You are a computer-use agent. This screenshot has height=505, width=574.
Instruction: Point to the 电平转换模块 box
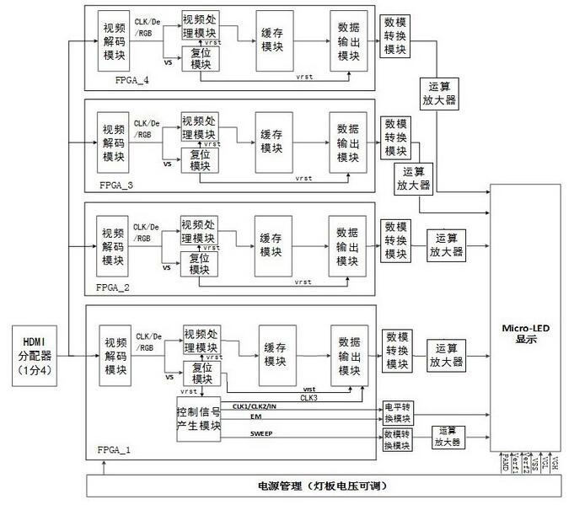tap(397, 411)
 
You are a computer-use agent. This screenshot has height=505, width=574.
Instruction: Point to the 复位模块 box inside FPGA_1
tap(200, 373)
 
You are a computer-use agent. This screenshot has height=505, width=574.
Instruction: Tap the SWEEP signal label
tap(261, 433)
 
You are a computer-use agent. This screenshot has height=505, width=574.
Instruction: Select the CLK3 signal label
tap(309, 396)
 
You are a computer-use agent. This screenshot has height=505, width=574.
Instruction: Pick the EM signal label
tap(255, 417)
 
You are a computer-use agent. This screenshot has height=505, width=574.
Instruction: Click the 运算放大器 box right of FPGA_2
tap(446, 245)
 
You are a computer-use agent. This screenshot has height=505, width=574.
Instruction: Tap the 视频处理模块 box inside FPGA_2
tap(198, 230)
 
